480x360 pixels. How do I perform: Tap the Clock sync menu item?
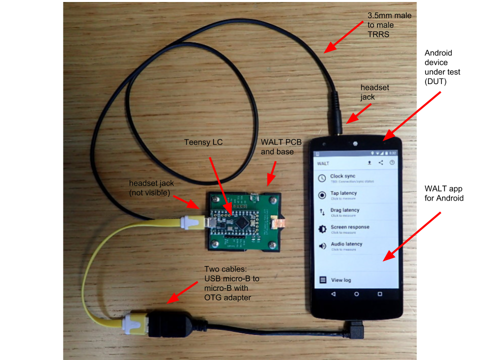343,177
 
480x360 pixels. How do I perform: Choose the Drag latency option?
344,211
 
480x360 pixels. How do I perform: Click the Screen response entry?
349,228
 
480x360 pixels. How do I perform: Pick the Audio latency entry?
346,245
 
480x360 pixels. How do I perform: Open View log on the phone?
340,280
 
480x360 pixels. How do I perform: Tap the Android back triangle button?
333,294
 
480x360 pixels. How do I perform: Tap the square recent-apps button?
379,294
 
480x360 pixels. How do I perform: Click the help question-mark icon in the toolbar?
392,162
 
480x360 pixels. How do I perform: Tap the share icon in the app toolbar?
380,162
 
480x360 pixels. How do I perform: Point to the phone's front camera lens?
354,143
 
